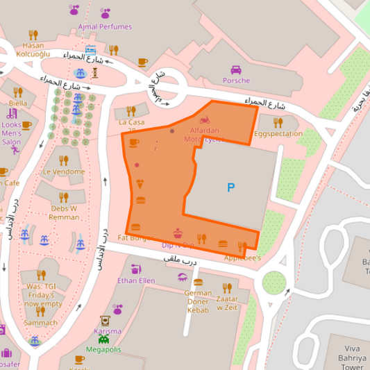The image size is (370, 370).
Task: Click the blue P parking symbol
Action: [x=230, y=187]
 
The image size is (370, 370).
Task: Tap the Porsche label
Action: [x=236, y=81]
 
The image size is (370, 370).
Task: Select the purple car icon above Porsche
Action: [x=236, y=69]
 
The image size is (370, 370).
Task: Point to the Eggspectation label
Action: [x=278, y=133]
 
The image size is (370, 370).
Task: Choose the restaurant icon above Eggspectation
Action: [x=278, y=122]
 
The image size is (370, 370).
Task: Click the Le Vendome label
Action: [x=64, y=171]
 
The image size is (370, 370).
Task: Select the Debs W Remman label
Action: [x=64, y=212]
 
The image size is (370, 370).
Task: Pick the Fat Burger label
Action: [x=133, y=237]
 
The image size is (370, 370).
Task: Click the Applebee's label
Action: [x=242, y=258]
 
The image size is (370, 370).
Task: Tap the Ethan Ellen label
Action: [x=137, y=280]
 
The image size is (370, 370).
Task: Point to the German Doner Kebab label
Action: [x=198, y=301]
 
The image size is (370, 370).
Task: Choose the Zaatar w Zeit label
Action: [x=227, y=301]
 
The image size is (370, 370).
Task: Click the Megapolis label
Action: [x=103, y=349]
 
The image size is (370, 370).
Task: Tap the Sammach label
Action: [x=41, y=323]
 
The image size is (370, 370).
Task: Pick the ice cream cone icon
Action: [x=140, y=184]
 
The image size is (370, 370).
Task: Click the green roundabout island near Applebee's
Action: [x=274, y=283]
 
